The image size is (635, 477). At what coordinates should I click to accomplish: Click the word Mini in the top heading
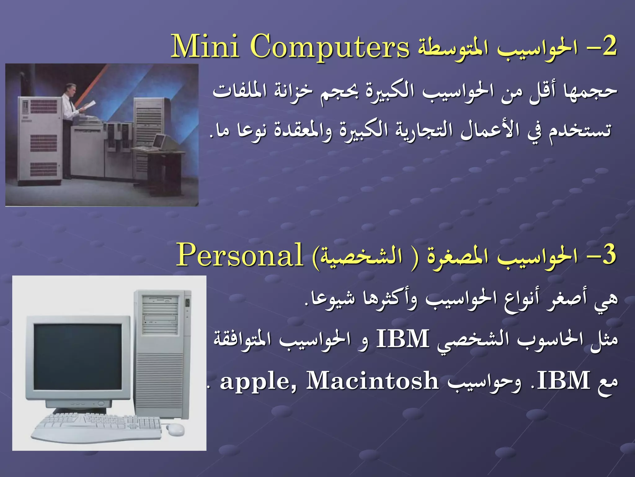[205, 47]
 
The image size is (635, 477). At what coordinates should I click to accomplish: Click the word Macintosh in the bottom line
[372, 381]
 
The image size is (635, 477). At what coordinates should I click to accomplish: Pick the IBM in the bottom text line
[563, 381]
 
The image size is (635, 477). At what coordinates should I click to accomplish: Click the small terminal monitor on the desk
[160, 141]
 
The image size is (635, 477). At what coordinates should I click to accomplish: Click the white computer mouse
[175, 429]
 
